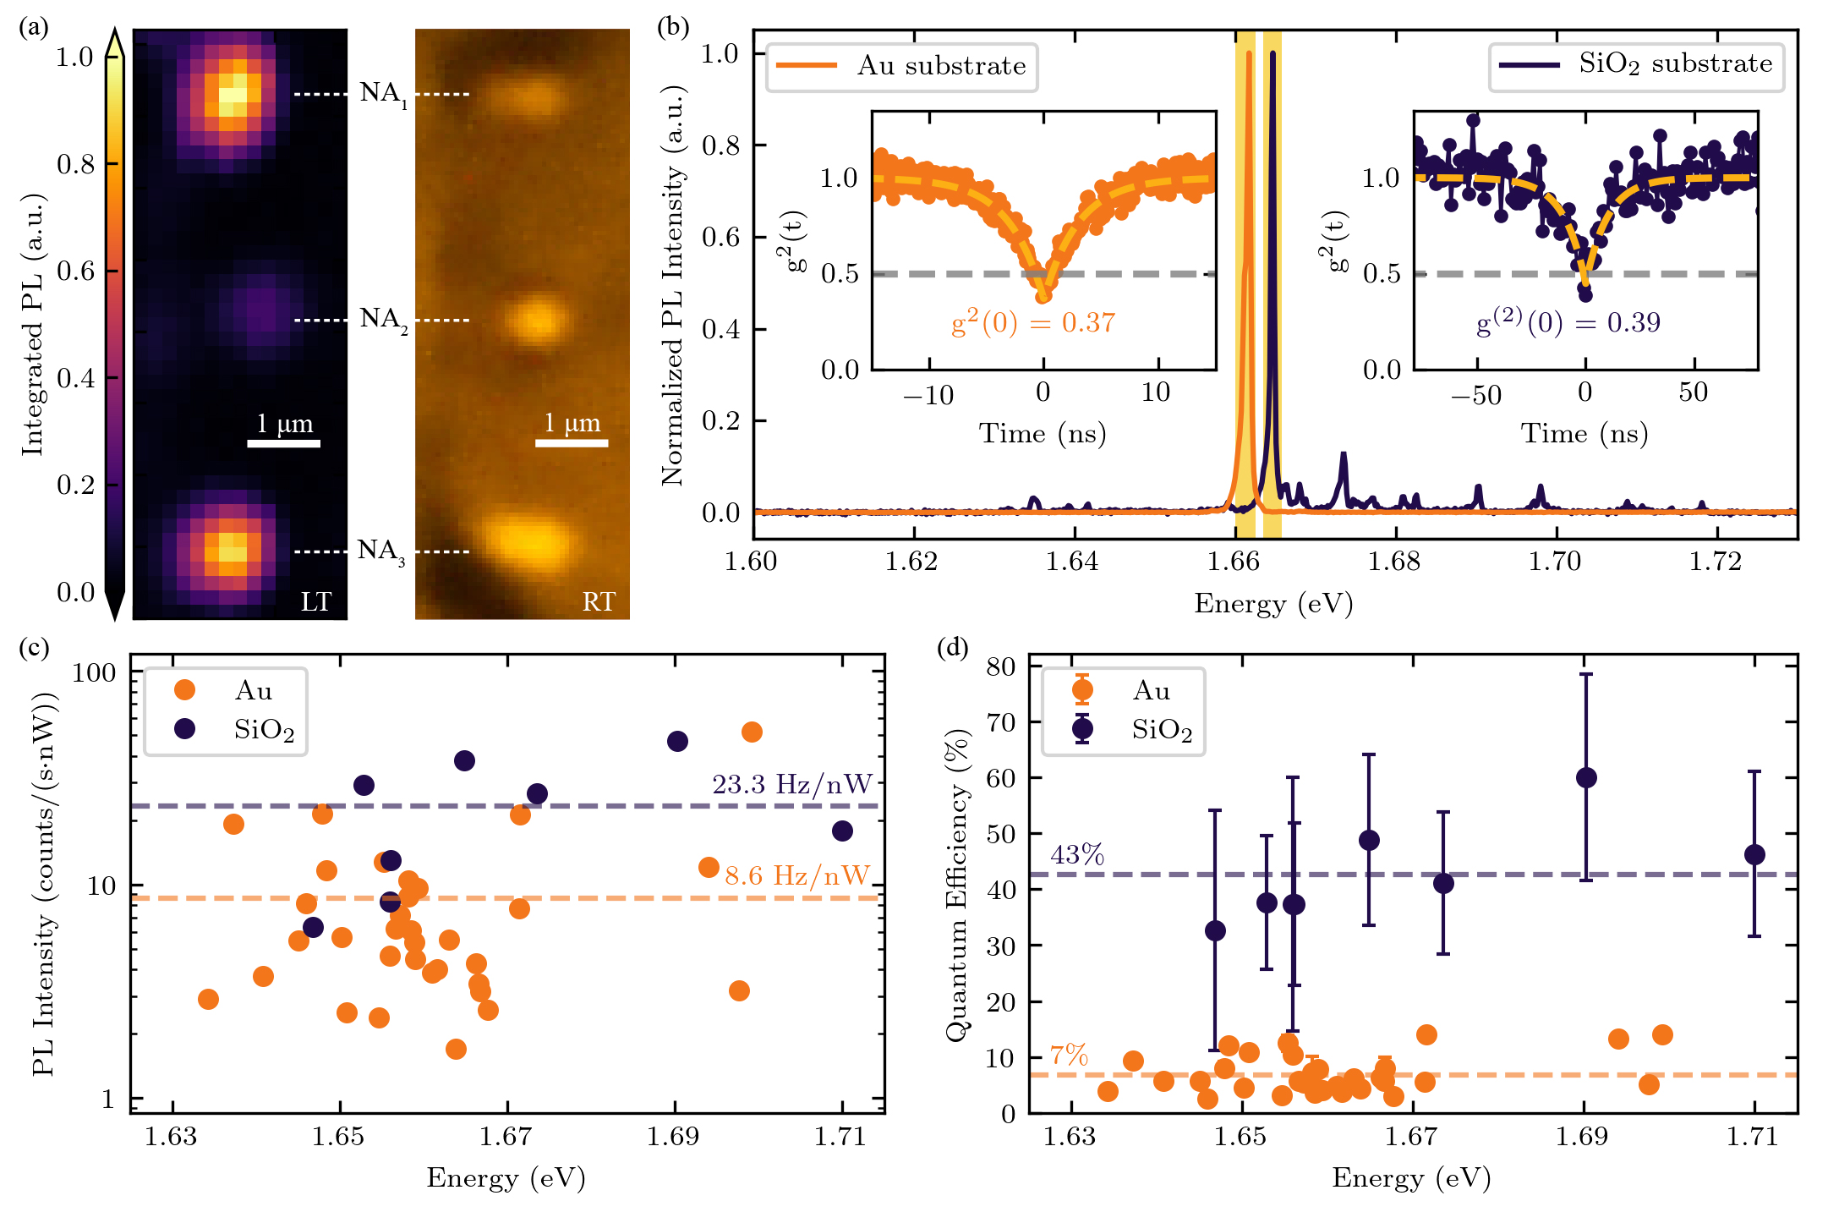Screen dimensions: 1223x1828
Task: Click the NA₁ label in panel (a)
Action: click(x=382, y=93)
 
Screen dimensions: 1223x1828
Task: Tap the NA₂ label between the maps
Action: click(x=382, y=319)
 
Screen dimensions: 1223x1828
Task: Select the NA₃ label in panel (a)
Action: click(x=380, y=551)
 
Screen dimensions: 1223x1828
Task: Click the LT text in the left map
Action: click(x=316, y=601)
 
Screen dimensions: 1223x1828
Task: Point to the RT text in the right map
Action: click(x=599, y=601)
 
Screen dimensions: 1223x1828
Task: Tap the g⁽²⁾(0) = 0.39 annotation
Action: click(x=1568, y=322)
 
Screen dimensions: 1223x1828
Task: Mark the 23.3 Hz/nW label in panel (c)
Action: click(x=791, y=785)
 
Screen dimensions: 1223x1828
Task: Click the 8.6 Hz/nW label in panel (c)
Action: click(x=796, y=875)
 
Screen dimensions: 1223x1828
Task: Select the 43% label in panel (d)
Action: click(x=1077, y=855)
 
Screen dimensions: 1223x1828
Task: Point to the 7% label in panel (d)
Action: click(x=1069, y=1055)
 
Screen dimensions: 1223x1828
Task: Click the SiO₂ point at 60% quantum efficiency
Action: click(x=1586, y=778)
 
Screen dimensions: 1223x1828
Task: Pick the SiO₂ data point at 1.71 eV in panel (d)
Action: click(x=1754, y=854)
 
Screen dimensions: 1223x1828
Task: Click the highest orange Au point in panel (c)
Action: click(x=752, y=732)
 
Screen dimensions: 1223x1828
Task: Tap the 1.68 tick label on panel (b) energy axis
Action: click(x=1394, y=562)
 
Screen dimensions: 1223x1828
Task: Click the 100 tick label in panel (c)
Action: click(x=94, y=673)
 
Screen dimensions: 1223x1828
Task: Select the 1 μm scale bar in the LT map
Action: click(x=284, y=442)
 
